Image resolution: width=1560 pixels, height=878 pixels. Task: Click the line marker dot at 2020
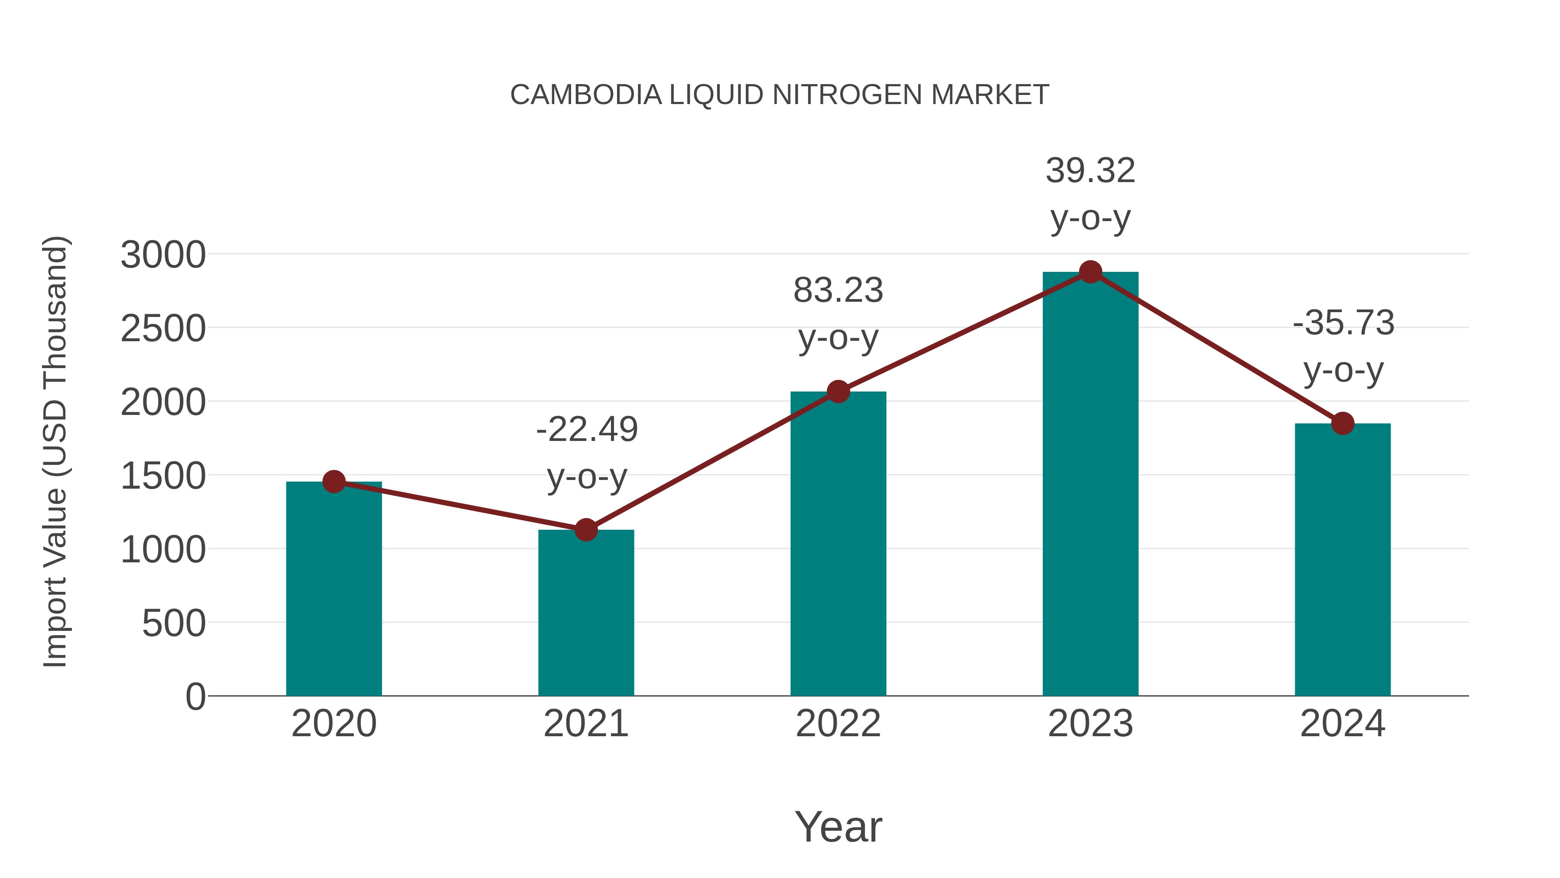click(334, 482)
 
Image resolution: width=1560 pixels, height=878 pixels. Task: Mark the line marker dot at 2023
click(1090, 272)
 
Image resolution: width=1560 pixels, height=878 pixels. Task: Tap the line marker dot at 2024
click(1342, 424)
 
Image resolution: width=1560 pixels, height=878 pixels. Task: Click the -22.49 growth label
click(587, 430)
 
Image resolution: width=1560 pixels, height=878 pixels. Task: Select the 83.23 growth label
click(838, 290)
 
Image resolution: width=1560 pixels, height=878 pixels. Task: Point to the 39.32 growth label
click(1090, 171)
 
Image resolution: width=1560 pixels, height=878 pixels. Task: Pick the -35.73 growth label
click(1343, 322)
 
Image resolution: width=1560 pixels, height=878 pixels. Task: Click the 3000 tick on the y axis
click(163, 255)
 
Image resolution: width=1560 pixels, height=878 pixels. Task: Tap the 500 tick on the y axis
click(174, 623)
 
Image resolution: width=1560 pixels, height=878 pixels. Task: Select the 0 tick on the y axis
click(195, 697)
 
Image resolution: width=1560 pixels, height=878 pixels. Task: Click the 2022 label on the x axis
click(838, 724)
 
